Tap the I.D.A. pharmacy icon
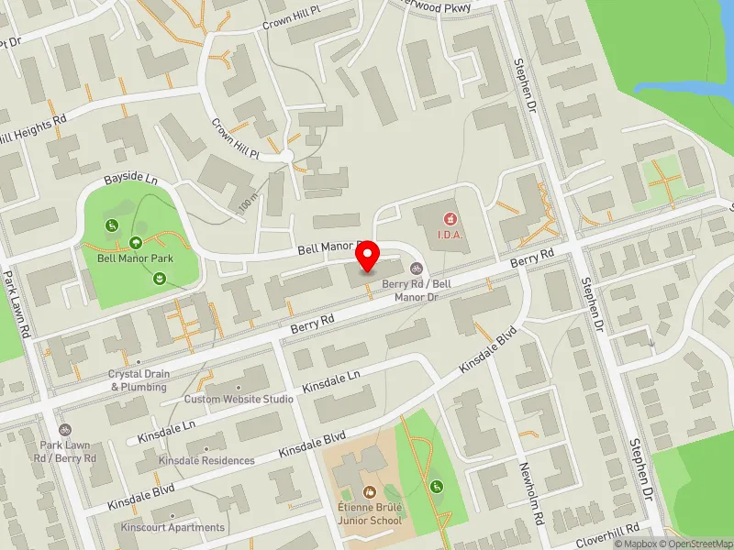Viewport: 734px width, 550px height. [450, 218]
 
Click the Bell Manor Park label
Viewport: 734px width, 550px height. [135, 258]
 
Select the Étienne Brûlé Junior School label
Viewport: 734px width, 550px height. [369, 514]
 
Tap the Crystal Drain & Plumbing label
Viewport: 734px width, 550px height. [138, 380]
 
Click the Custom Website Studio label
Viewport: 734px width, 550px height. [239, 399]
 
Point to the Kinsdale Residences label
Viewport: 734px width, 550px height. [206, 460]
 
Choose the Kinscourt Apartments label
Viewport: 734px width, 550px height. [172, 527]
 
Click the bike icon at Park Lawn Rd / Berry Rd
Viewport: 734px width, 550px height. [64, 429]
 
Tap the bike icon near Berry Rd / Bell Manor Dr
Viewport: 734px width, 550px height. [416, 269]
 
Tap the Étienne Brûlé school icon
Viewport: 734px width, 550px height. [369, 492]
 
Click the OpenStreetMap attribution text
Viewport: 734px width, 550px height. [694, 544]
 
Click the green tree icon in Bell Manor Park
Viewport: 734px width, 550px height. [135, 243]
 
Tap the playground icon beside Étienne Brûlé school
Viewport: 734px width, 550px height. [435, 485]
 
